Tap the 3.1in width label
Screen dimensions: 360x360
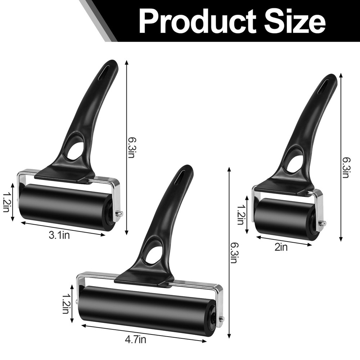(59, 235)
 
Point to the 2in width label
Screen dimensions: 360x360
(282, 247)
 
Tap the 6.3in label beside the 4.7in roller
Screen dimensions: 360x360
(233, 252)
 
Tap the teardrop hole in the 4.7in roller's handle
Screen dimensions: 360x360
(154, 254)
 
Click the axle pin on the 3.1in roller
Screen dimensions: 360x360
(119, 213)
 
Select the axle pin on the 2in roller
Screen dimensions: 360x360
(322, 223)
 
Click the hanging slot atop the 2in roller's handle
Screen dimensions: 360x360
(324, 86)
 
